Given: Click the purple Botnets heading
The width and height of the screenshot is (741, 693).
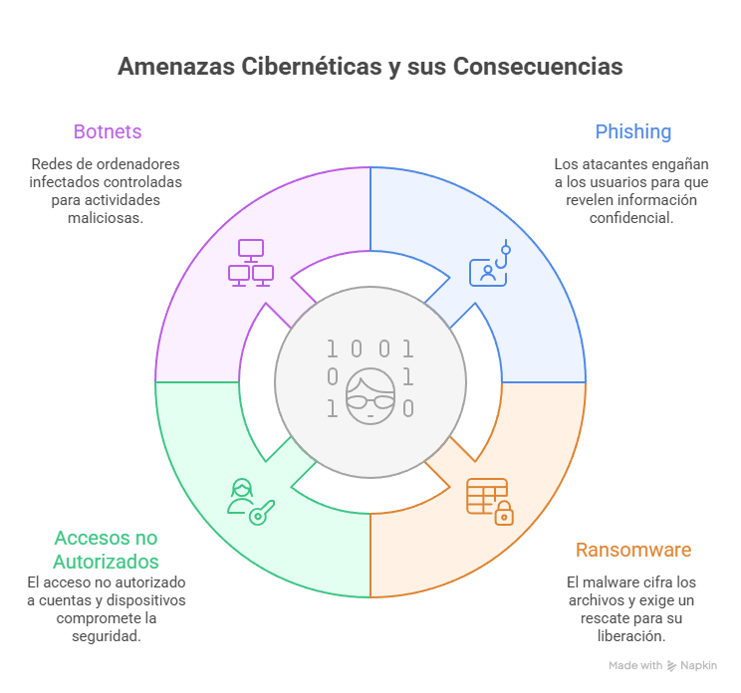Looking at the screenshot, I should pos(107,131).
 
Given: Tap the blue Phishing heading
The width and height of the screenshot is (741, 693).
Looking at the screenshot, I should pos(632,131).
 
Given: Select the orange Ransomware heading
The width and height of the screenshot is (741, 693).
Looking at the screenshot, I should pos(632,550).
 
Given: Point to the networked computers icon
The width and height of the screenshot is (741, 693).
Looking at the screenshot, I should pos(251,263).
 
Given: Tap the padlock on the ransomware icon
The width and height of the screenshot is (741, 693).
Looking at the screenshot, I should pos(504,514).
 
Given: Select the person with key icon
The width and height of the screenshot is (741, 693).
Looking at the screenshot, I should pos(249,499).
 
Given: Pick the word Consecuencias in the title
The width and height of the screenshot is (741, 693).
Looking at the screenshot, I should pos(538,67).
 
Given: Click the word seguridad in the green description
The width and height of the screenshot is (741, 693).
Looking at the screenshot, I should pos(106,635).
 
